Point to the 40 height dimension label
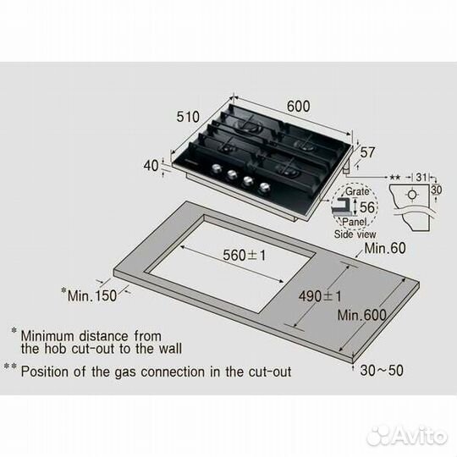151,167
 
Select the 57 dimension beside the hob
367,154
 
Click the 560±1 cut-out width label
240,255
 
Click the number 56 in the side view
366,208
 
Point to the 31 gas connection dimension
421,178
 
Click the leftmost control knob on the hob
213,168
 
